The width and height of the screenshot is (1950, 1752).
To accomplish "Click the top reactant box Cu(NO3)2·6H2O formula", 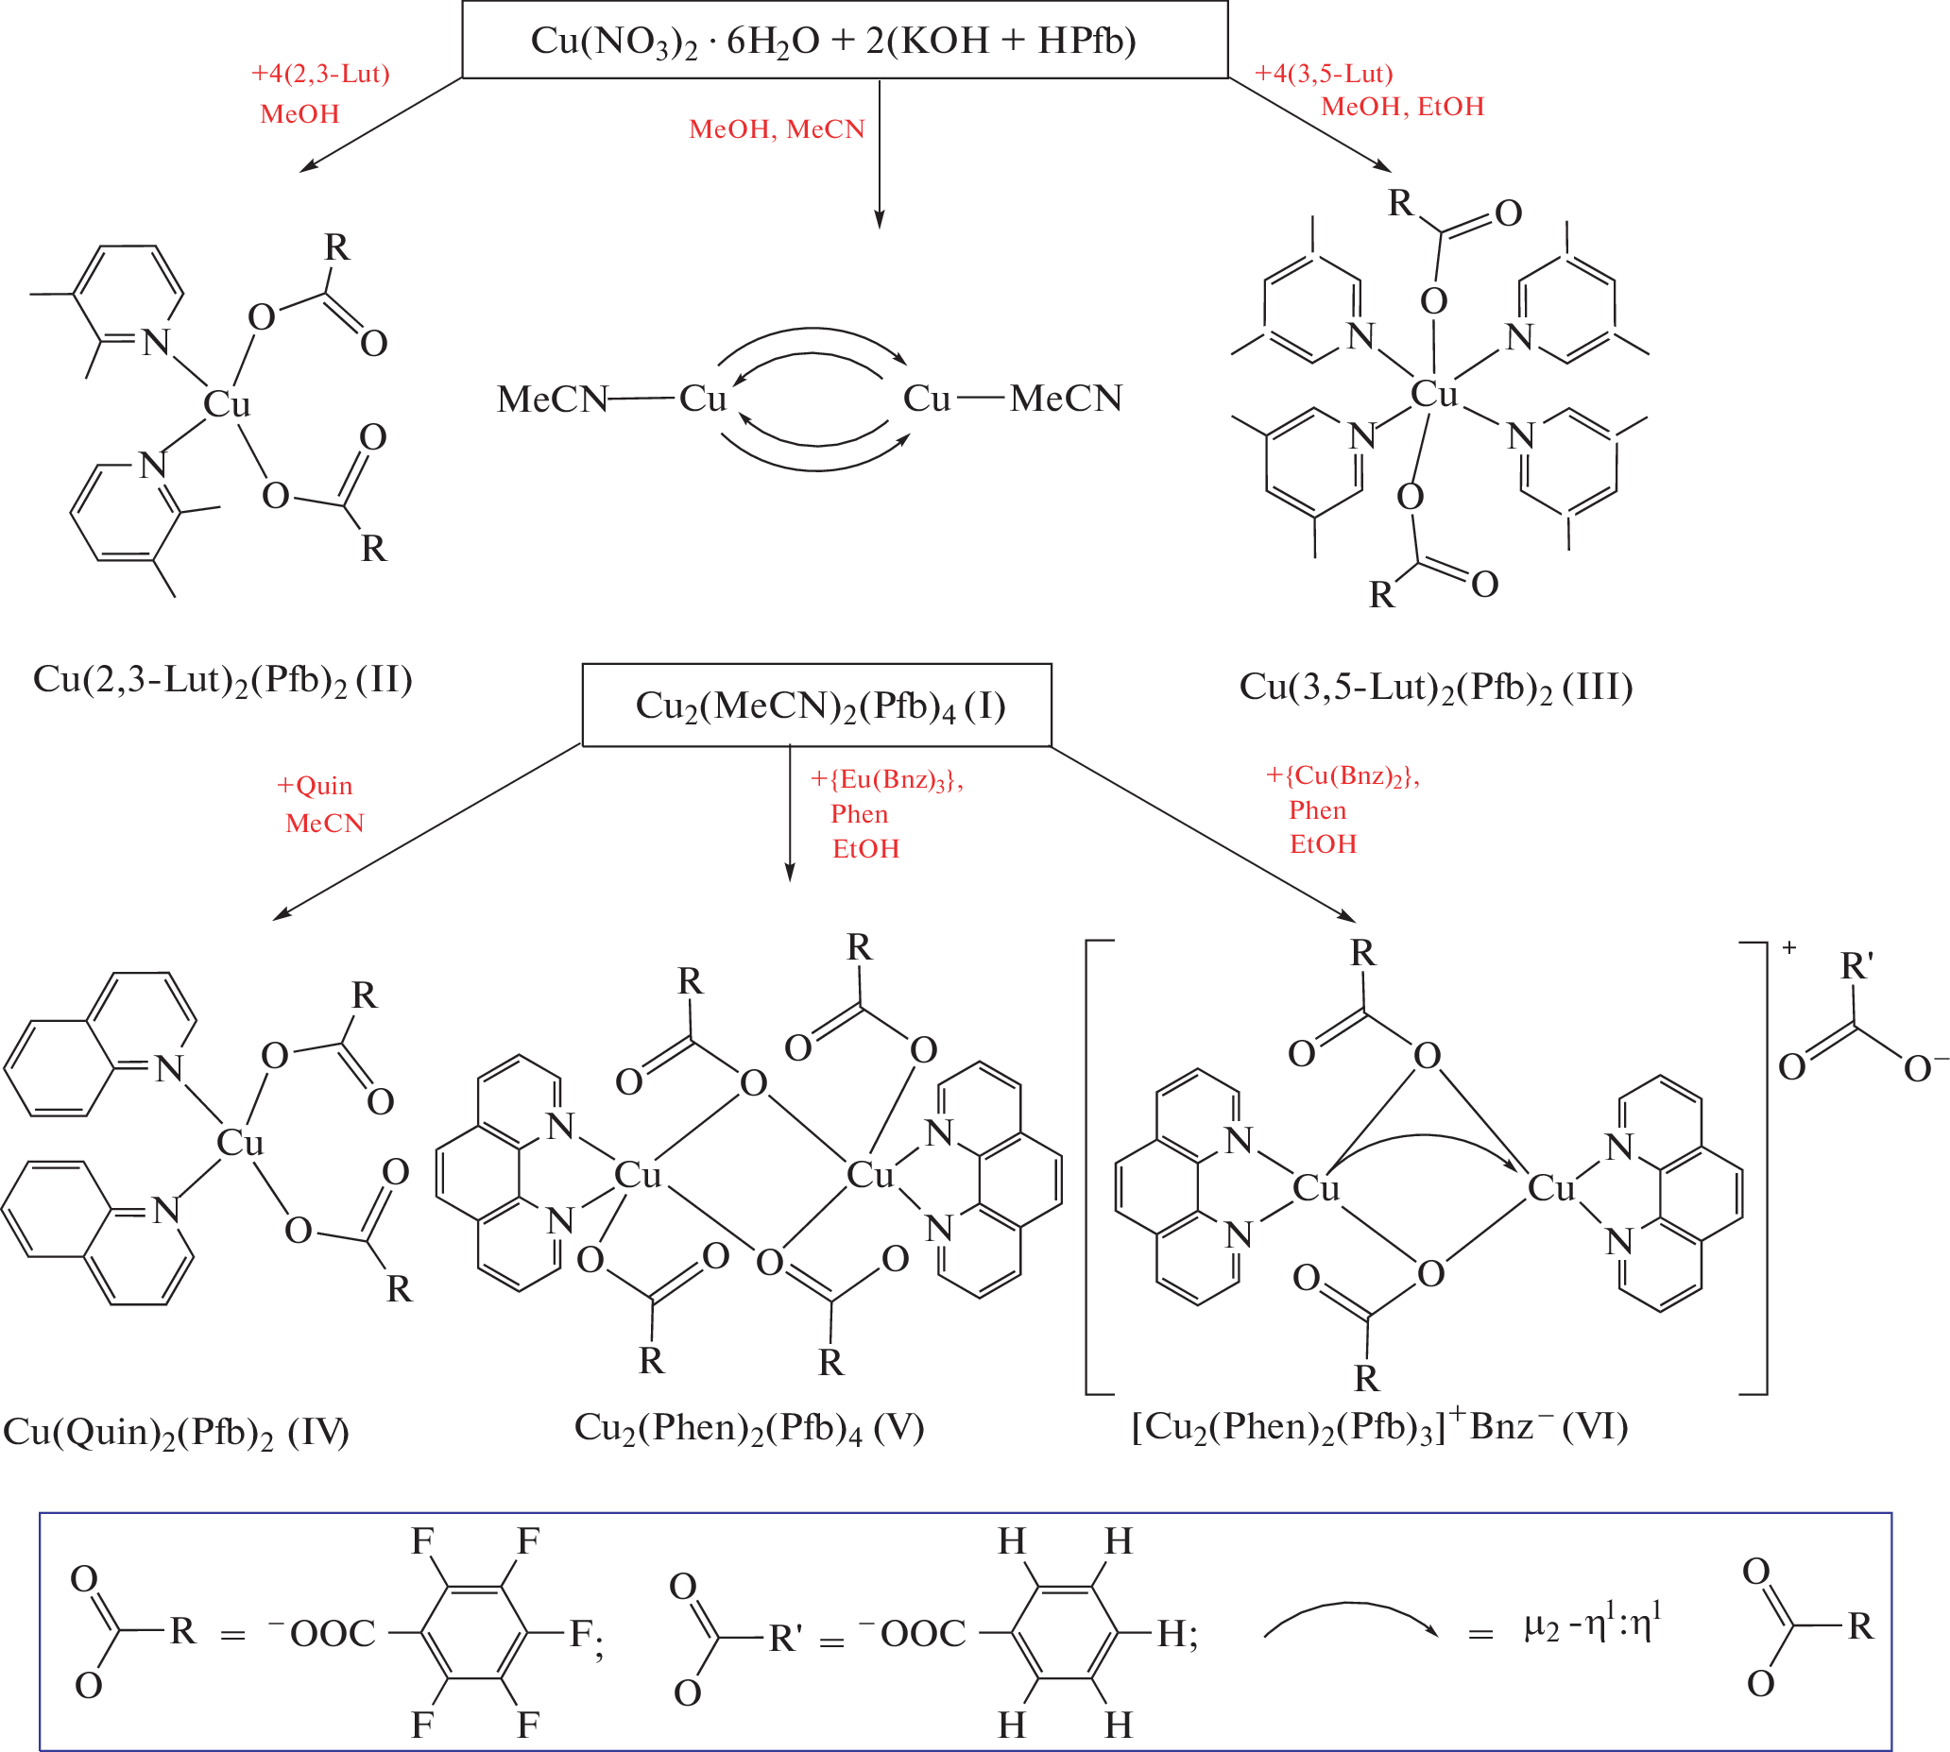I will point(833,41).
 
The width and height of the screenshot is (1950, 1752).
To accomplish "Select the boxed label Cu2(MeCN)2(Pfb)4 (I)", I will point(819,706).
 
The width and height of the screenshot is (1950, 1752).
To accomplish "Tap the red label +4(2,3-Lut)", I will point(319,74).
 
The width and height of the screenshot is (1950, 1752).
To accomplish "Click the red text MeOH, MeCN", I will point(777,129).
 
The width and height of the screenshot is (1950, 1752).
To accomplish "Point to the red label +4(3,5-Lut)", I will point(1323,74).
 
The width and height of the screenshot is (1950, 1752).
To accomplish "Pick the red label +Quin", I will point(315,786).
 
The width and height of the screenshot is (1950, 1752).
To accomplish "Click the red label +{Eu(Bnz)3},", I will point(886,779).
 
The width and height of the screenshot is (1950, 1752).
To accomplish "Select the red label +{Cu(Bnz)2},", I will point(1343,776).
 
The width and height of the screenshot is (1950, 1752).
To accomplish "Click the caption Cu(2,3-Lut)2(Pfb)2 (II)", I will point(222,681).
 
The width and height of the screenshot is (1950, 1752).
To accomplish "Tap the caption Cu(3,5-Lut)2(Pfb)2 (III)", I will point(1436,688).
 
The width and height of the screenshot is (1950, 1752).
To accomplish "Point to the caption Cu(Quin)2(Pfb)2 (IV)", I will point(177,1433).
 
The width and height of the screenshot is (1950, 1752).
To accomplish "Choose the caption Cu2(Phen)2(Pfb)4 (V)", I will point(748,1428).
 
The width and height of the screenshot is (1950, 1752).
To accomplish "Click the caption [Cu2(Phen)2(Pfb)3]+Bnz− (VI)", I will point(1379,1426).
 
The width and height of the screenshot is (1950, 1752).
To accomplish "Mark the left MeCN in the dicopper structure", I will point(552,400).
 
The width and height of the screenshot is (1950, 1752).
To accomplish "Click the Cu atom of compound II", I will point(228,404).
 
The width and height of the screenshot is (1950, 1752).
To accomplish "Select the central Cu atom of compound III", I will point(1434,394).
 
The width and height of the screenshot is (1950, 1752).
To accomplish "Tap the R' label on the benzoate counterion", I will point(1856,965).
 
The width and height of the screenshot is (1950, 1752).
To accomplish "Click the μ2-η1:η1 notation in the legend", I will point(1593,1625).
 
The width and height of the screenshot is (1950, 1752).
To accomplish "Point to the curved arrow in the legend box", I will point(1350,1619).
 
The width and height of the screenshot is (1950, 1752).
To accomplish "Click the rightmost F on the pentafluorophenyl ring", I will point(581,1633).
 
